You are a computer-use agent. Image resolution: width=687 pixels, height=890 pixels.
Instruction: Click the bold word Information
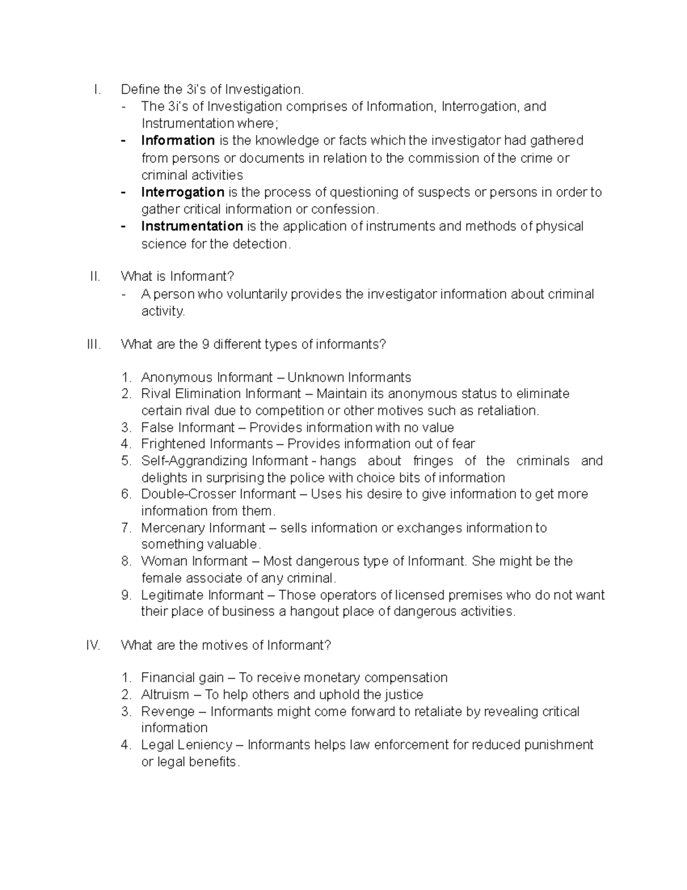tap(177, 140)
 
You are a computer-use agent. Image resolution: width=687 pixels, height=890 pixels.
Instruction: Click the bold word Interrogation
tap(183, 192)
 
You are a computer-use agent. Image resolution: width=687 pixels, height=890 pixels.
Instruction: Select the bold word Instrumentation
tap(192, 226)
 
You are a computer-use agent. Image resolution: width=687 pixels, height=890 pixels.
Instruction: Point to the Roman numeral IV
tap(93, 645)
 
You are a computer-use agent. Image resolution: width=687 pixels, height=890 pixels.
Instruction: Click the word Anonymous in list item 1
tap(177, 378)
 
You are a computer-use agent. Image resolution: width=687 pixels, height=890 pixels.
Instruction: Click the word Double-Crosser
tap(188, 494)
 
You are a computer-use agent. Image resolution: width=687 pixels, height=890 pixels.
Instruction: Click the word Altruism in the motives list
tap(165, 695)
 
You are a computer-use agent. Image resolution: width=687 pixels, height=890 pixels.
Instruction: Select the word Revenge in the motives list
tap(168, 712)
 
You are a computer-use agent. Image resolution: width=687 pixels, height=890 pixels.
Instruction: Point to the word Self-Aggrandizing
tap(194, 461)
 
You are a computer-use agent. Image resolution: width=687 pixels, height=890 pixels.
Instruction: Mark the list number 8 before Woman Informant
tap(126, 561)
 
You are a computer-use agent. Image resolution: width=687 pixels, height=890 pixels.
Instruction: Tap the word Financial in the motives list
tap(167, 678)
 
